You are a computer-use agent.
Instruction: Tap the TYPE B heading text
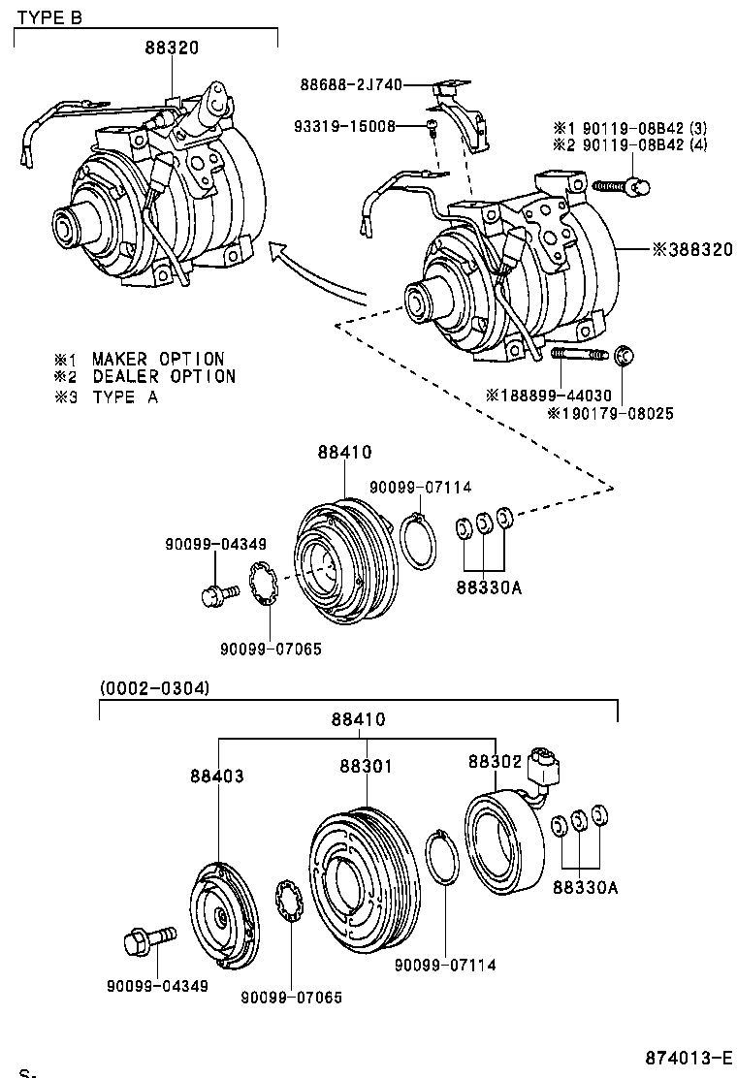(49, 16)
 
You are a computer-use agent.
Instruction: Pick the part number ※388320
(692, 249)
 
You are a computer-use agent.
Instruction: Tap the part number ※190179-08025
(610, 414)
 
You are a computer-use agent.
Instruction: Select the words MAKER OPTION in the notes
(158, 360)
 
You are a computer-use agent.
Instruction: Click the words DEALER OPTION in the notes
(164, 376)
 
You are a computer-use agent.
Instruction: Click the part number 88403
(216, 777)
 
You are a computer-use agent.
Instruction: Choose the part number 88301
(366, 766)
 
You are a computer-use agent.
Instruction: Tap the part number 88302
(495, 762)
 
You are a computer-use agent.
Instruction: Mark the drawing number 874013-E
(689, 1057)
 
